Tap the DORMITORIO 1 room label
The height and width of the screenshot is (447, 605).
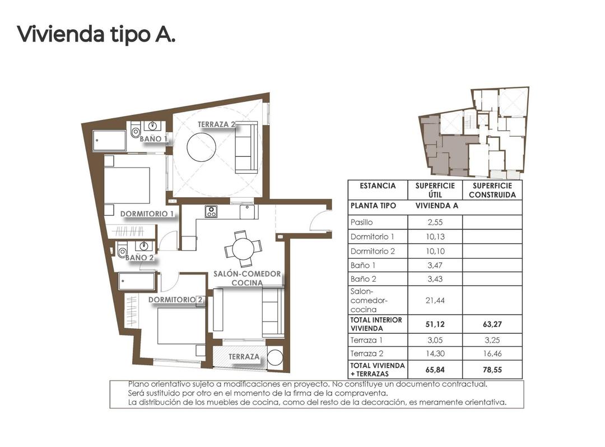(x=147, y=213)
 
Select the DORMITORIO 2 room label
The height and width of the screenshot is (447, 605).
(x=175, y=300)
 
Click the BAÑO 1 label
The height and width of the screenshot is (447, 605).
(x=153, y=138)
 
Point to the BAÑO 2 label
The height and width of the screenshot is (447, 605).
(x=139, y=258)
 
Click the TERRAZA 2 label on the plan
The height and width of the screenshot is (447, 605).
(x=216, y=124)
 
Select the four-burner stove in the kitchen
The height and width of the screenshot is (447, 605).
(x=211, y=212)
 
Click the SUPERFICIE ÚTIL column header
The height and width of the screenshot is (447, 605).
(x=435, y=190)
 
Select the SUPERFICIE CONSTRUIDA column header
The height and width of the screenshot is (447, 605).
(x=492, y=190)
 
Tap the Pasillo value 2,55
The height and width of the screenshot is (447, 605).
(x=435, y=222)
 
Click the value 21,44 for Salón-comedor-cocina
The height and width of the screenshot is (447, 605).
(x=435, y=300)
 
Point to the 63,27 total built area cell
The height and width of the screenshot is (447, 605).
(x=492, y=324)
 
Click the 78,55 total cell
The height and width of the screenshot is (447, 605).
(x=492, y=370)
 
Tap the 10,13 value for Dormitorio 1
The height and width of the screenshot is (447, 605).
(x=435, y=237)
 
